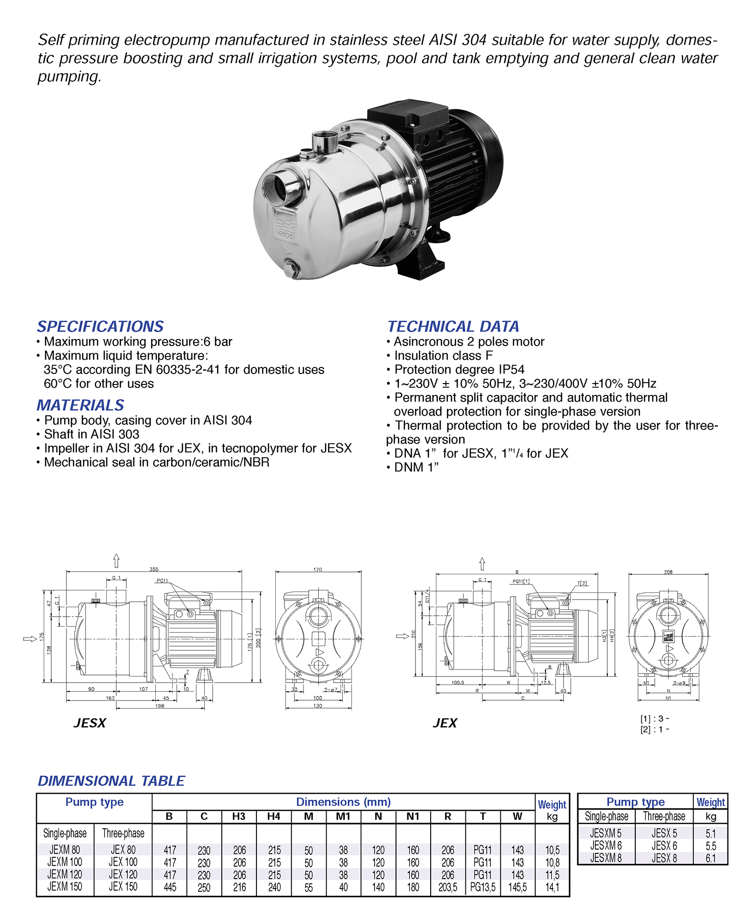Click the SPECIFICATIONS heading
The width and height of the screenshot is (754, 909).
tap(100, 326)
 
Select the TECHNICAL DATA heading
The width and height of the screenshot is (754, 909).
tap(453, 326)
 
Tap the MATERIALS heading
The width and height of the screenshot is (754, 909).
tap(80, 405)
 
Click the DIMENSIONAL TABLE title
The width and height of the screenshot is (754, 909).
tap(111, 781)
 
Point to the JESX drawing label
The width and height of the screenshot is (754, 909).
tap(90, 723)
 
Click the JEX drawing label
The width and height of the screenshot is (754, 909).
tap(445, 723)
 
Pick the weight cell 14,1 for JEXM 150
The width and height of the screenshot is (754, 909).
tap(552, 887)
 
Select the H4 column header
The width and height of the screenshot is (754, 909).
tap(273, 816)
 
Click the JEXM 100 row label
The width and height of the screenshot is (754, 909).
tap(65, 862)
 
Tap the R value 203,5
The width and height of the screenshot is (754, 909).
tap(448, 887)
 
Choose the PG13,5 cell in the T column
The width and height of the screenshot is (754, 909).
tap(482, 887)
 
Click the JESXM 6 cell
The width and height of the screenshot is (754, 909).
tap(605, 845)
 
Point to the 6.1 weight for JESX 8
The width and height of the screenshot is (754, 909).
tap(710, 858)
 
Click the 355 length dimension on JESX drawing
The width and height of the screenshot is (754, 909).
tap(154, 569)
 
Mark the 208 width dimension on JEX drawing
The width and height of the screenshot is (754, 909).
tap(668, 572)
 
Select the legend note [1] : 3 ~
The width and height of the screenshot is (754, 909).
tap(655, 719)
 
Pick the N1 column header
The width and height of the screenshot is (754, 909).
tap(413, 816)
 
